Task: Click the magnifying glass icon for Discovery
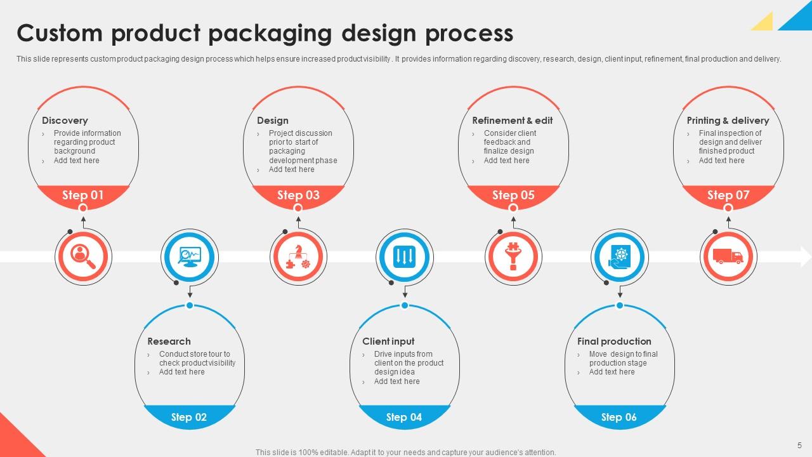pos(82,257)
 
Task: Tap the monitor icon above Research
pos(190,257)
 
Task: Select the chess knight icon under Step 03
pos(298,257)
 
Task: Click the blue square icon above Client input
pos(405,257)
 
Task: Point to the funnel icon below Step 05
pos(513,257)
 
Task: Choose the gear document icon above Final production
pos(619,257)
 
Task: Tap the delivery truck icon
pos(728,256)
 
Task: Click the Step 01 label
pos(82,195)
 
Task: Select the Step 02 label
pos(189,417)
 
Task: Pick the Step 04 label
pos(404,417)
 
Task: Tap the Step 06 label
pos(619,417)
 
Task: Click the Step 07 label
pos(728,195)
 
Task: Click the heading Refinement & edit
pos(512,121)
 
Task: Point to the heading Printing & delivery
pos(728,121)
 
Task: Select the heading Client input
pos(388,341)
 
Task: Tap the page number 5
pos(799,445)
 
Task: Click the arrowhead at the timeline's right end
pos(806,256)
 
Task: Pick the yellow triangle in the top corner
pos(764,23)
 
